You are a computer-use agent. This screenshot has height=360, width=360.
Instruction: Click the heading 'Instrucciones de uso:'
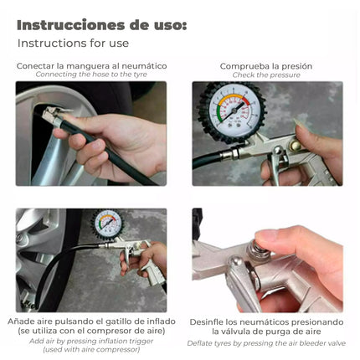click(x=101, y=24)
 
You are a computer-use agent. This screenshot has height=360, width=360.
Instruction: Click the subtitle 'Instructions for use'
click(x=73, y=44)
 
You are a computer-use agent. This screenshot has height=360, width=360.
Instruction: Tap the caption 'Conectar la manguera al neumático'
click(x=91, y=65)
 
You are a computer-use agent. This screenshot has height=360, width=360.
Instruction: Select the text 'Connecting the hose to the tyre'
click(x=91, y=75)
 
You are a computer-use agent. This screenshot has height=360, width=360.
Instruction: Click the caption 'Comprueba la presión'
click(x=266, y=65)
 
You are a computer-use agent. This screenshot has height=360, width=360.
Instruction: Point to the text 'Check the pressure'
click(x=266, y=75)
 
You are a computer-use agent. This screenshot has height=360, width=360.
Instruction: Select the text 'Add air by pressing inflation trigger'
click(x=91, y=341)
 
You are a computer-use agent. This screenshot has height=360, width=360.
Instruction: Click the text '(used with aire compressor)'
click(x=91, y=349)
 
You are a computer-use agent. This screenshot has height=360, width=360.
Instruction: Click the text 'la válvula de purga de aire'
click(x=266, y=331)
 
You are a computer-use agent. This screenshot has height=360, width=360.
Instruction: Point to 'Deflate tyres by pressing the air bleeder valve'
click(x=266, y=342)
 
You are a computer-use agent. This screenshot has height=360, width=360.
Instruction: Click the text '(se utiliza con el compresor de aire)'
click(x=91, y=331)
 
